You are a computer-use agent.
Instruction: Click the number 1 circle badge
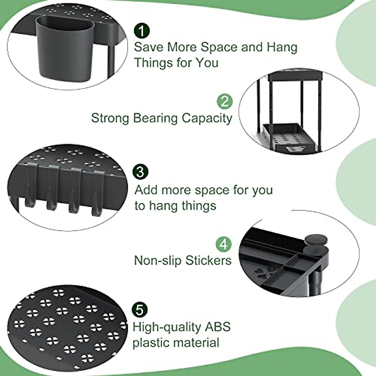(x=142, y=31)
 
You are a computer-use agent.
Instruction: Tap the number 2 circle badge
(x=225, y=102)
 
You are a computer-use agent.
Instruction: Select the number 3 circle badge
(x=140, y=172)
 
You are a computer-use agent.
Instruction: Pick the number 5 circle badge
(x=140, y=311)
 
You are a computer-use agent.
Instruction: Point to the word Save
(x=149, y=47)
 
